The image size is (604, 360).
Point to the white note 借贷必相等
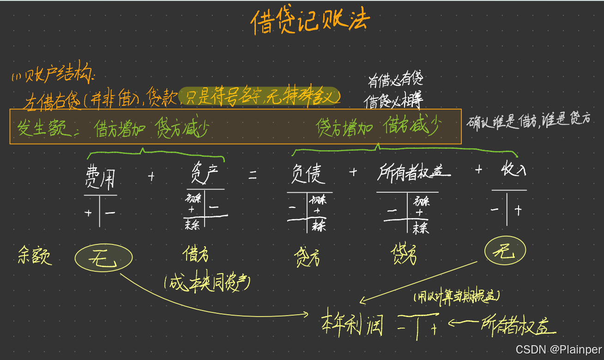[x=393, y=100]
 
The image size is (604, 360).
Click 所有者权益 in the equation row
[x=413, y=173]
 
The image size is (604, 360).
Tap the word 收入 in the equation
[x=513, y=171]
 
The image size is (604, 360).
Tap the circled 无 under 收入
[x=505, y=252]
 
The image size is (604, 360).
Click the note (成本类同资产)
[x=207, y=282]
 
